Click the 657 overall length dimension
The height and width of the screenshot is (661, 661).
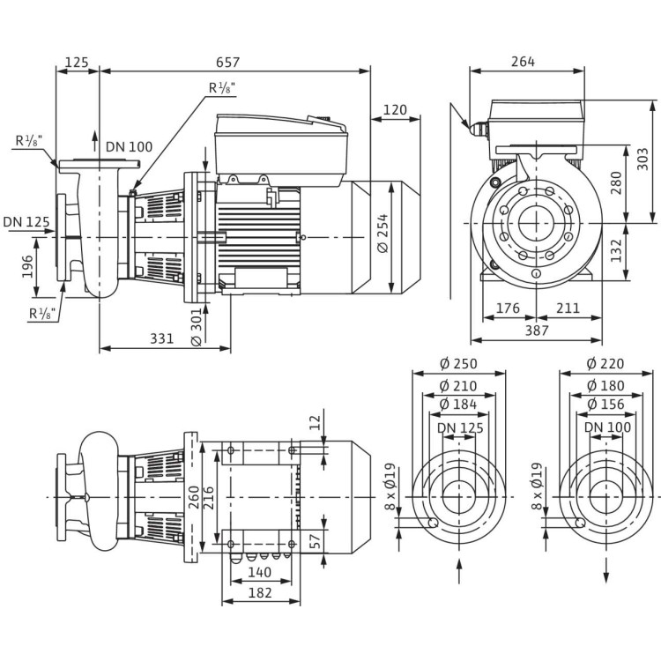point(228,63)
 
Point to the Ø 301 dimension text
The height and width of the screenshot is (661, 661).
point(195,327)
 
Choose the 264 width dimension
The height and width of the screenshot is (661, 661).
point(523,62)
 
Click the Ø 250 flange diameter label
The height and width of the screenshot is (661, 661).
point(458,364)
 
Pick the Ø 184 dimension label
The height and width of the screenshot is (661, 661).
point(458,404)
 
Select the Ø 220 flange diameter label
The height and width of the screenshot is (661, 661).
point(605,364)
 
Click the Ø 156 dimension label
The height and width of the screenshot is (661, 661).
point(605,404)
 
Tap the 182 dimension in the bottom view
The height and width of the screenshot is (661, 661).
point(260,592)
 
